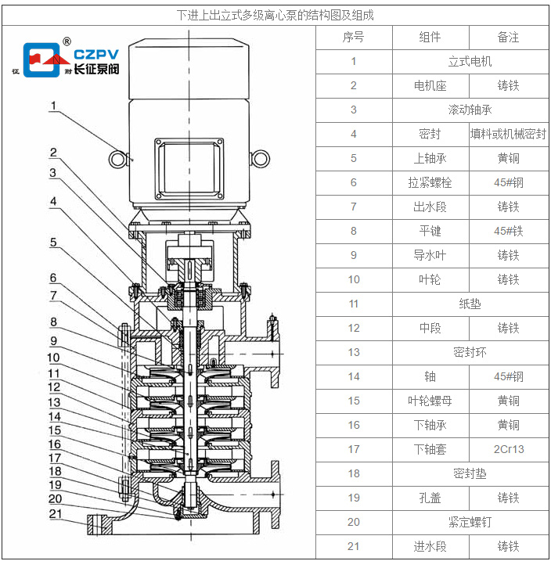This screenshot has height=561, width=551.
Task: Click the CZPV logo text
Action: (x=95, y=54)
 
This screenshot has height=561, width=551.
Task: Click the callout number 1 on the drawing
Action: (x=53, y=105)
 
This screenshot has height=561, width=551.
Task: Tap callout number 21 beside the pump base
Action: (x=55, y=513)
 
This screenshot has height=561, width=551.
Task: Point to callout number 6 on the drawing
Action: (x=53, y=278)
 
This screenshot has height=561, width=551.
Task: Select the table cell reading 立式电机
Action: (x=470, y=61)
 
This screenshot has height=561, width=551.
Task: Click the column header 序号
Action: (x=353, y=37)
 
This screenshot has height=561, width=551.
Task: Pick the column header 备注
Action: (x=508, y=37)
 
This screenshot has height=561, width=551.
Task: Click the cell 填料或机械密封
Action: (x=508, y=134)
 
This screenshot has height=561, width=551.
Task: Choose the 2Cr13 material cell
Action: (x=508, y=449)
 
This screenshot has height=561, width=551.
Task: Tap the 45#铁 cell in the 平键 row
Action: (x=508, y=231)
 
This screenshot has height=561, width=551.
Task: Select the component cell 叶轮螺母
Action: (x=430, y=401)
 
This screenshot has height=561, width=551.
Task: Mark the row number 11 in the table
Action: (x=353, y=304)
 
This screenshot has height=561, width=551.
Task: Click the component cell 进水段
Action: (x=430, y=546)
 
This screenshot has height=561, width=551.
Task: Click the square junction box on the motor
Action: (x=189, y=169)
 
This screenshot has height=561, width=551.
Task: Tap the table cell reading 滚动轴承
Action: (x=470, y=110)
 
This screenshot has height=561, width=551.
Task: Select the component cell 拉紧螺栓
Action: (x=430, y=182)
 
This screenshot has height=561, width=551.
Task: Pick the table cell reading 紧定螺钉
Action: (x=470, y=522)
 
